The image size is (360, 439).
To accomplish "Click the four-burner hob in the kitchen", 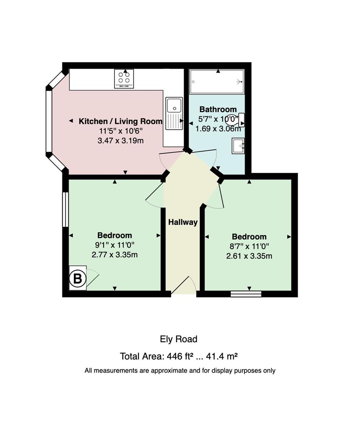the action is click(124, 79).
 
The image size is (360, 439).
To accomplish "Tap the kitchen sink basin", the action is click(174, 105).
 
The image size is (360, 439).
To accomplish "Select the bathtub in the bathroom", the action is click(217, 81).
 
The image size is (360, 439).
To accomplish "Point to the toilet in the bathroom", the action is click(235, 120).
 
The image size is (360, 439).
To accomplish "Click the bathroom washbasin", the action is click(238, 146).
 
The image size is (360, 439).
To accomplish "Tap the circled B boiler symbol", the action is click(78, 278).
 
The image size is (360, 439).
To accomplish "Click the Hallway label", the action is click(183, 222).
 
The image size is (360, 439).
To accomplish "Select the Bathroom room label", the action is click(218, 109).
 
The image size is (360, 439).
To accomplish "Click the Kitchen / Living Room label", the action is click(120, 121).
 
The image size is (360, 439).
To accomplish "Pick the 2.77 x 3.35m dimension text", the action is click(115, 255).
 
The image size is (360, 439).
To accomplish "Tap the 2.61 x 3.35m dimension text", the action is click(249, 256).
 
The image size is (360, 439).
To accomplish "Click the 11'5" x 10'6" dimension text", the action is click(121, 131).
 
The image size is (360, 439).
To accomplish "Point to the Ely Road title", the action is click(179, 339).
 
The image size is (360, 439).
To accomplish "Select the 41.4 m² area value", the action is click(222, 356).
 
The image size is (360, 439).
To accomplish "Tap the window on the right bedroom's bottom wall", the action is click(246, 294).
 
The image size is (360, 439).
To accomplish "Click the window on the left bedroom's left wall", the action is click(65, 209).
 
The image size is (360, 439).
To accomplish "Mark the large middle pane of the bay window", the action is click(49, 122).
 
